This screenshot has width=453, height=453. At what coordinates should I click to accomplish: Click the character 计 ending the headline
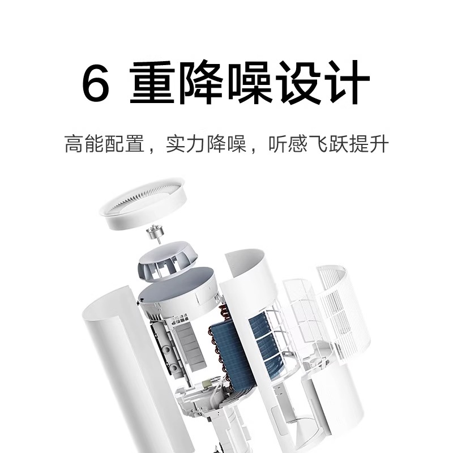click(x=349, y=83)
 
